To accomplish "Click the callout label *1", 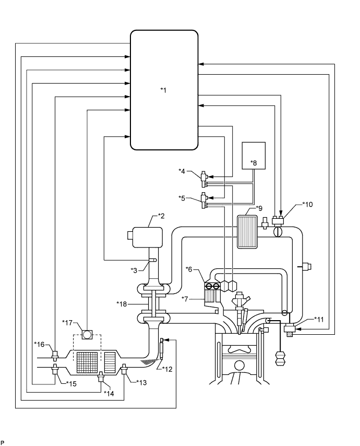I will [163, 90].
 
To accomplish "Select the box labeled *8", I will [254, 156].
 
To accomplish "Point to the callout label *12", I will [167, 369].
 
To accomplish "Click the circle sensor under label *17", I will [86, 332].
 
